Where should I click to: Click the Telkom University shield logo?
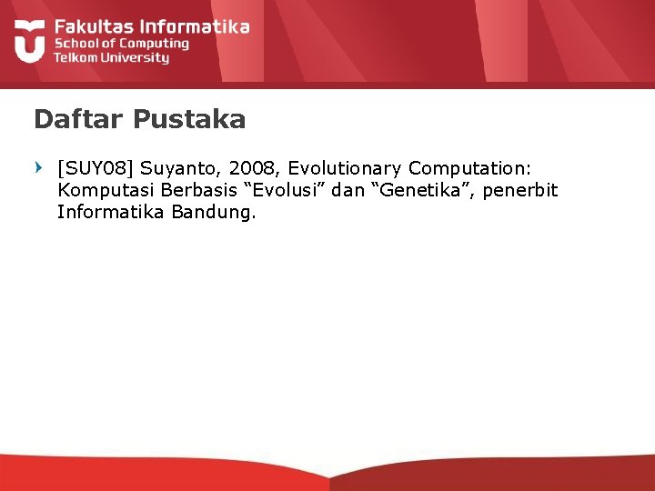coord(30,40)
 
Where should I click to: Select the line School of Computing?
coord(121,43)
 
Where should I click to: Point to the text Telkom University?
coord(111,57)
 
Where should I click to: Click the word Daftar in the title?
coord(78,119)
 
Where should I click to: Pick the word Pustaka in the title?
coord(188,119)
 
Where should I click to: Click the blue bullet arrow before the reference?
coord(38,167)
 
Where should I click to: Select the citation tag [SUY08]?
coord(96,168)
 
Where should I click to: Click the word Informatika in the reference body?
coord(111,213)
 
